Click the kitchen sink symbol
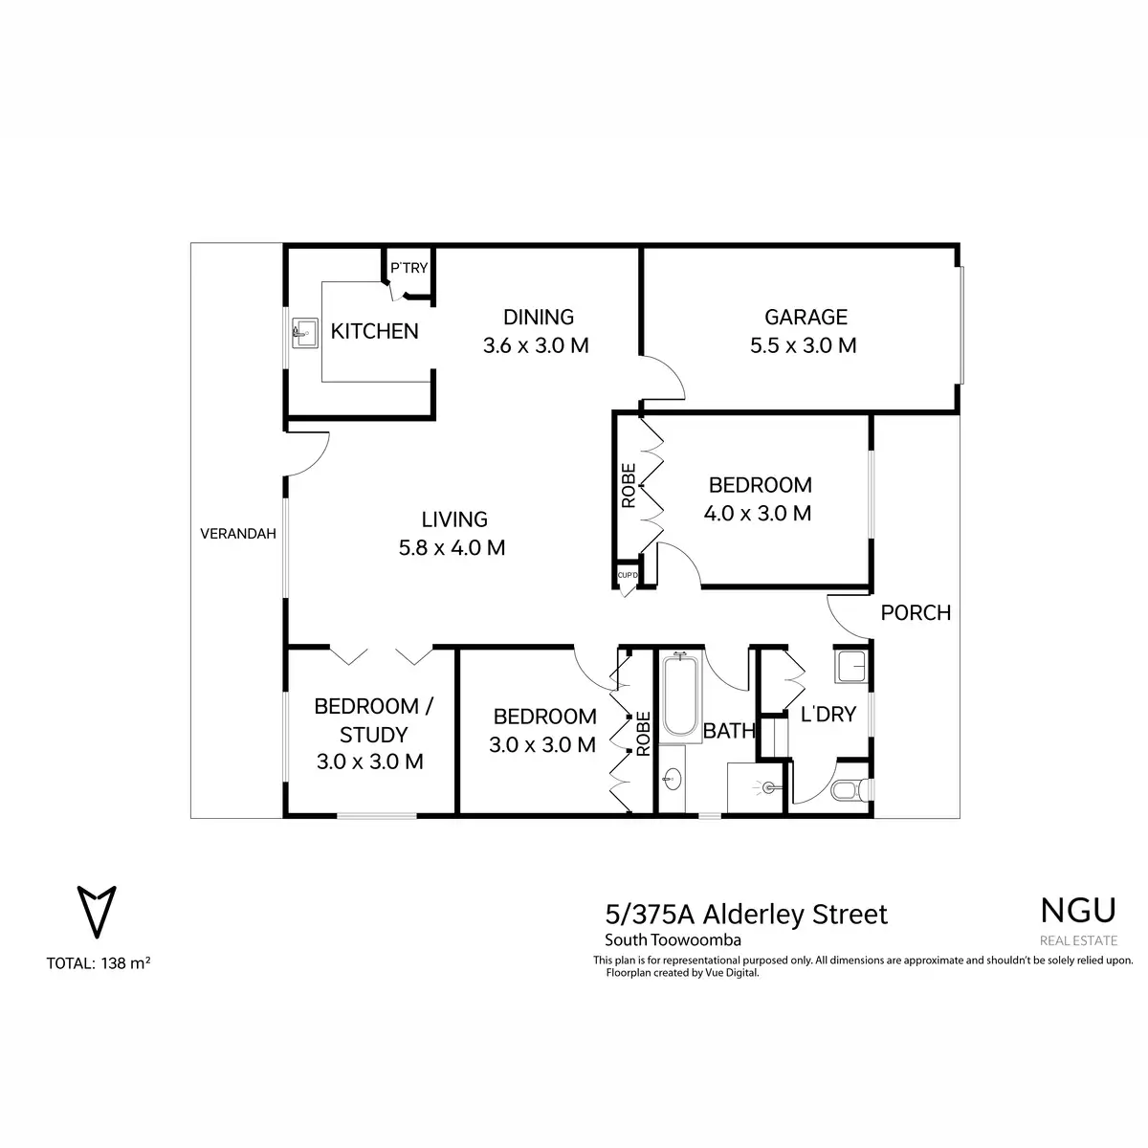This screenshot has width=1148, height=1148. tap(304, 333)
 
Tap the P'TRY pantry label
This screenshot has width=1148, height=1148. tap(408, 268)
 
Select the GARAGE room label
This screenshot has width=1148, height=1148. tap(806, 317)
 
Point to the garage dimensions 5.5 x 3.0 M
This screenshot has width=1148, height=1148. tap(803, 345)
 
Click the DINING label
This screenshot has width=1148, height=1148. tap(539, 317)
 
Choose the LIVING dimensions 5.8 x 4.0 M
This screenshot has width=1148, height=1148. tap(453, 547)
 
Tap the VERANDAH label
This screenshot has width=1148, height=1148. tap(237, 534)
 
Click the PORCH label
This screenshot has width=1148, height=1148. tap(916, 612)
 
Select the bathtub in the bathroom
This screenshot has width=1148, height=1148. tap(680, 697)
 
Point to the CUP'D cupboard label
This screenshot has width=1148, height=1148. tap(628, 576)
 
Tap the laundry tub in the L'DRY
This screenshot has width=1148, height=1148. tap(850, 666)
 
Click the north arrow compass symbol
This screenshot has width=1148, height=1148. tap(97, 912)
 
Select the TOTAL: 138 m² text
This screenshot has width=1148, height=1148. tap(99, 963)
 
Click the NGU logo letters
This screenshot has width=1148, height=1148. tap(1078, 911)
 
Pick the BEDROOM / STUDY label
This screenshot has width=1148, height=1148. tap(373, 720)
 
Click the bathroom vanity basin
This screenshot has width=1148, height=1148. tap(673, 780)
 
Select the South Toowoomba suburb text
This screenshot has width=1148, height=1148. tap(673, 940)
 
